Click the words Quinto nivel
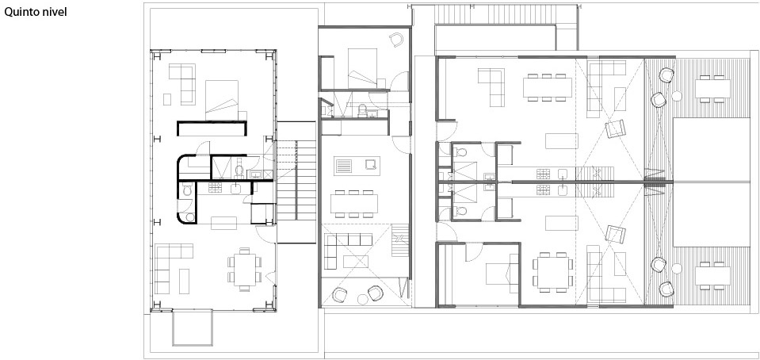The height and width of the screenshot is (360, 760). tap(36, 12)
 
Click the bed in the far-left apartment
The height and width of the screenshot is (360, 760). tap(222, 101)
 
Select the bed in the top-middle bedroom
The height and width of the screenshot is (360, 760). tap(362, 68)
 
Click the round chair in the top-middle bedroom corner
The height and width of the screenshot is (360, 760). tap(396, 40)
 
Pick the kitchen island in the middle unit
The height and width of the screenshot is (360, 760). tap(357, 166)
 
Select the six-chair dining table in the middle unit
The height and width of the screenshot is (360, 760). tap(354, 203)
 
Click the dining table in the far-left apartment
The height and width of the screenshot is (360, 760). tap(245, 270)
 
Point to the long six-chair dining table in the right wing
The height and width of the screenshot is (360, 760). tap(548, 87)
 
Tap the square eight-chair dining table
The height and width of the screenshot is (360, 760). tap(553, 272)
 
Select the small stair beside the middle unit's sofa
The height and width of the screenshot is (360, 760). tap(400, 240)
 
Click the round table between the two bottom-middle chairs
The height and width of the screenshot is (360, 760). tap(362, 300)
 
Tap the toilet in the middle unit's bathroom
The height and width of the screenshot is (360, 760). tap(362, 111)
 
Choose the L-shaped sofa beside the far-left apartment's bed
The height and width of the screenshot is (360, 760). tap(182, 84)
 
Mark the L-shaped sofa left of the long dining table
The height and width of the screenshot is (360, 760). tap(491, 87)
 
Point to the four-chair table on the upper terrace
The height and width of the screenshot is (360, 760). tap(712, 88)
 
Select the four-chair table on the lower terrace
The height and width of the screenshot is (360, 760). tap(712, 276)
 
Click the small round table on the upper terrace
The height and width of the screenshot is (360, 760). tap(677, 96)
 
